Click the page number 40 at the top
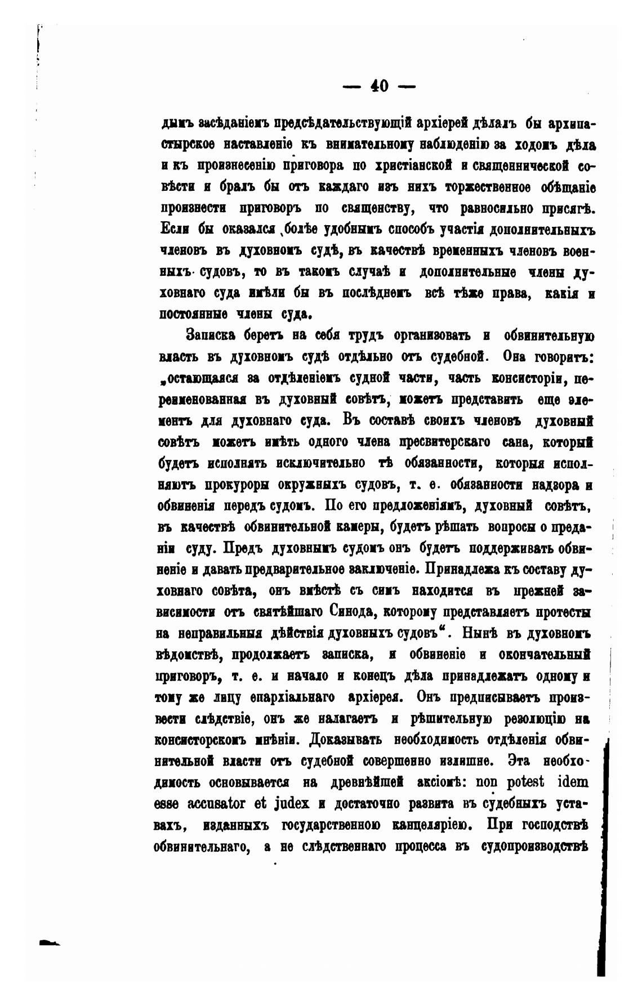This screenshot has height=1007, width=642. (x=379, y=86)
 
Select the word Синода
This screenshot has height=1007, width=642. (x=337, y=611)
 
